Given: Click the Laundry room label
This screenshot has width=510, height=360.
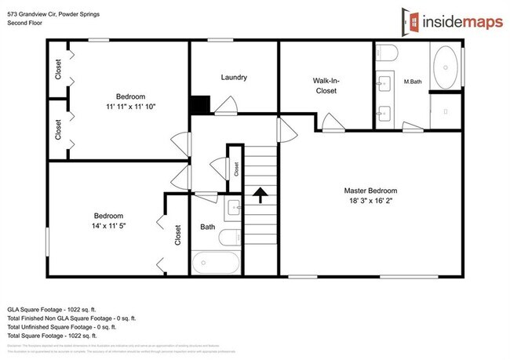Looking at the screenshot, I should tap(234, 77).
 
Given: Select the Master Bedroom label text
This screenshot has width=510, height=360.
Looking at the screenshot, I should tap(370, 191).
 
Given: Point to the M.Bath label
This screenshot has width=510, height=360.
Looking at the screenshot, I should tap(413, 81).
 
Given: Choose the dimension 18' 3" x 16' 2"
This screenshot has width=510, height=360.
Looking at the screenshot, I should tap(370, 202).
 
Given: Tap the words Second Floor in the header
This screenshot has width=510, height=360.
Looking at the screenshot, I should tap(26, 23).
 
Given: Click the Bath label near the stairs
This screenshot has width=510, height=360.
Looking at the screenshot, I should tap(207, 227).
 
